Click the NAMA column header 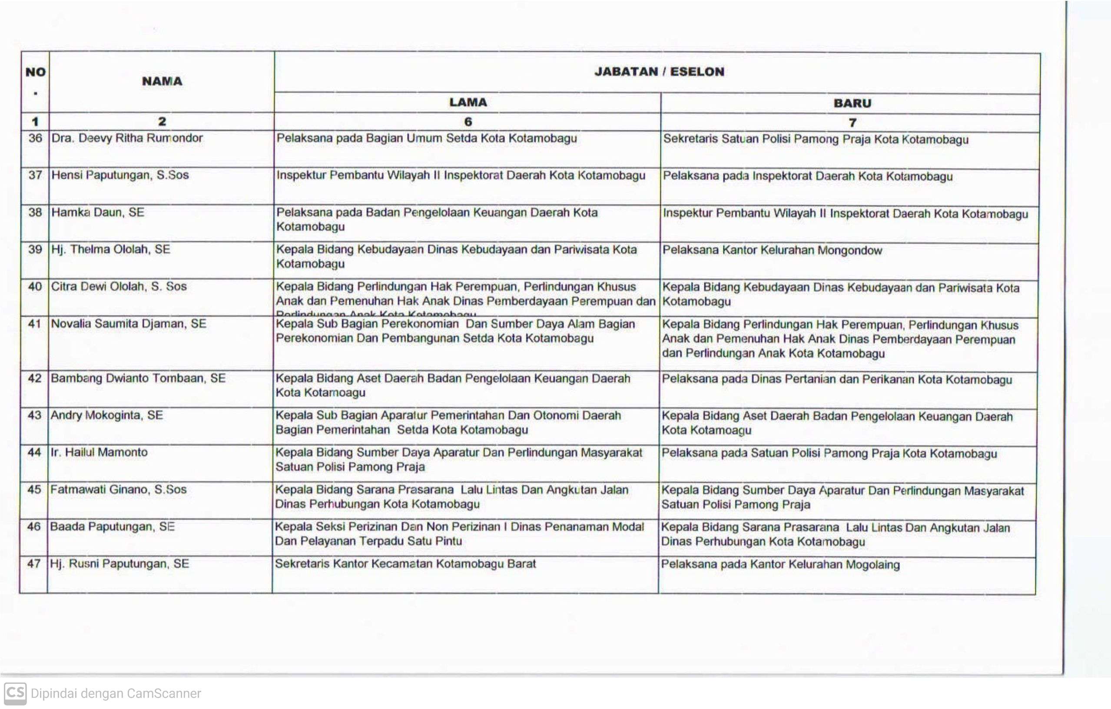tap(162, 81)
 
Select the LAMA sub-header tap(468, 103)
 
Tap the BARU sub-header tap(852, 103)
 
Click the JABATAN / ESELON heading tap(659, 72)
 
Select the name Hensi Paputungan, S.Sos tap(120, 175)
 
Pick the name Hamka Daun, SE tap(98, 212)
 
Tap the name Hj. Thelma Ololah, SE tap(111, 249)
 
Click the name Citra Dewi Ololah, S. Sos tap(119, 286)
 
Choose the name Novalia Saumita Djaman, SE tap(128, 324)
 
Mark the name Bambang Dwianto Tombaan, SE tap(138, 378)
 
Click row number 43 tap(34, 415)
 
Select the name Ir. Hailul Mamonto tap(99, 452)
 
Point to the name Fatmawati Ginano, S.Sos tap(118, 490)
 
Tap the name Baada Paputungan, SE tap(112, 527)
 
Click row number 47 tap(34, 564)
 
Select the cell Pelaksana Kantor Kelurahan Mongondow tap(772, 251)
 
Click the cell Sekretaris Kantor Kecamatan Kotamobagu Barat tap(405, 564)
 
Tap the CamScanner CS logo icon tap(15, 693)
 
